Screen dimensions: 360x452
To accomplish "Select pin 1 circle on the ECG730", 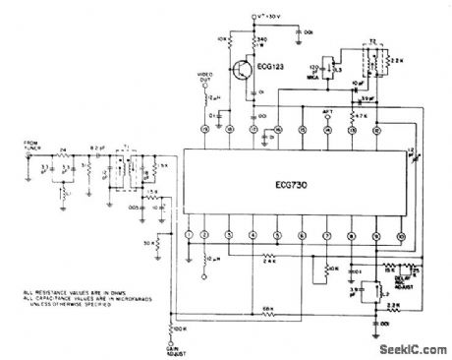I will [x=185, y=235].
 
